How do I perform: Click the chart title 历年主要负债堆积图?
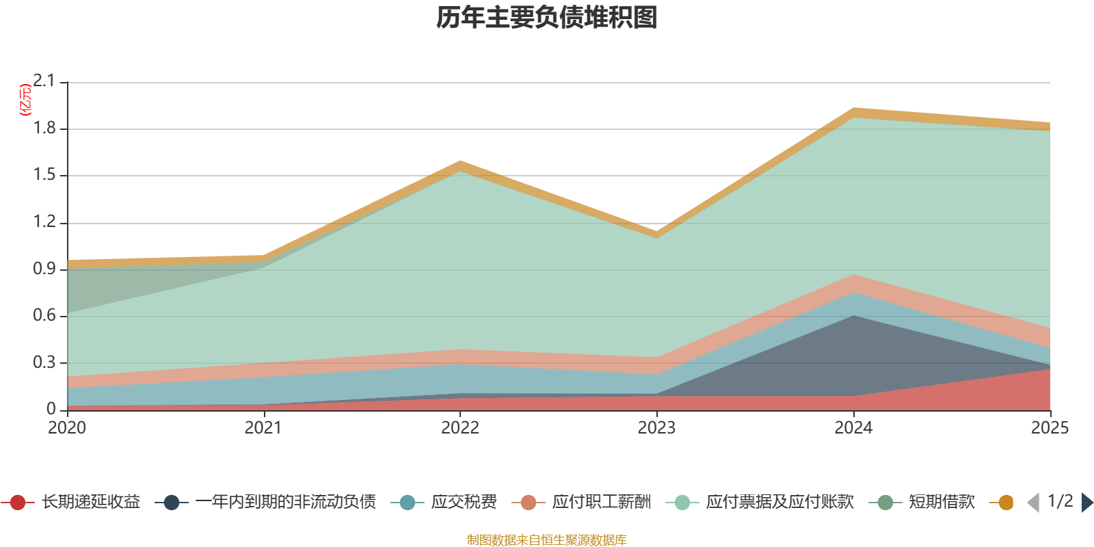click(x=546, y=18)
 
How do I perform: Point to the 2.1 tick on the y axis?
click(x=44, y=81)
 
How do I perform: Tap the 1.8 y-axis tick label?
click(x=44, y=128)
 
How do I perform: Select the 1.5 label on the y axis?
click(x=44, y=175)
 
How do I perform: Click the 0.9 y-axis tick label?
click(x=44, y=269)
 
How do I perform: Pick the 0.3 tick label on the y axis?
click(x=44, y=362)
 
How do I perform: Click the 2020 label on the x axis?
click(x=67, y=428)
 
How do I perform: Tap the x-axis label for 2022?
click(x=460, y=428)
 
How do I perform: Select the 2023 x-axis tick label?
click(x=657, y=428)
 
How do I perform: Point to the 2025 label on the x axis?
click(x=1050, y=428)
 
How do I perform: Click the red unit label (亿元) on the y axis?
click(x=25, y=100)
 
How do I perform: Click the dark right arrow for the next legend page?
click(x=1087, y=502)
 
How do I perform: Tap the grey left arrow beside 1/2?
click(x=1033, y=502)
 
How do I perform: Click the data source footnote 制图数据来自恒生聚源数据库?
click(x=546, y=539)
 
